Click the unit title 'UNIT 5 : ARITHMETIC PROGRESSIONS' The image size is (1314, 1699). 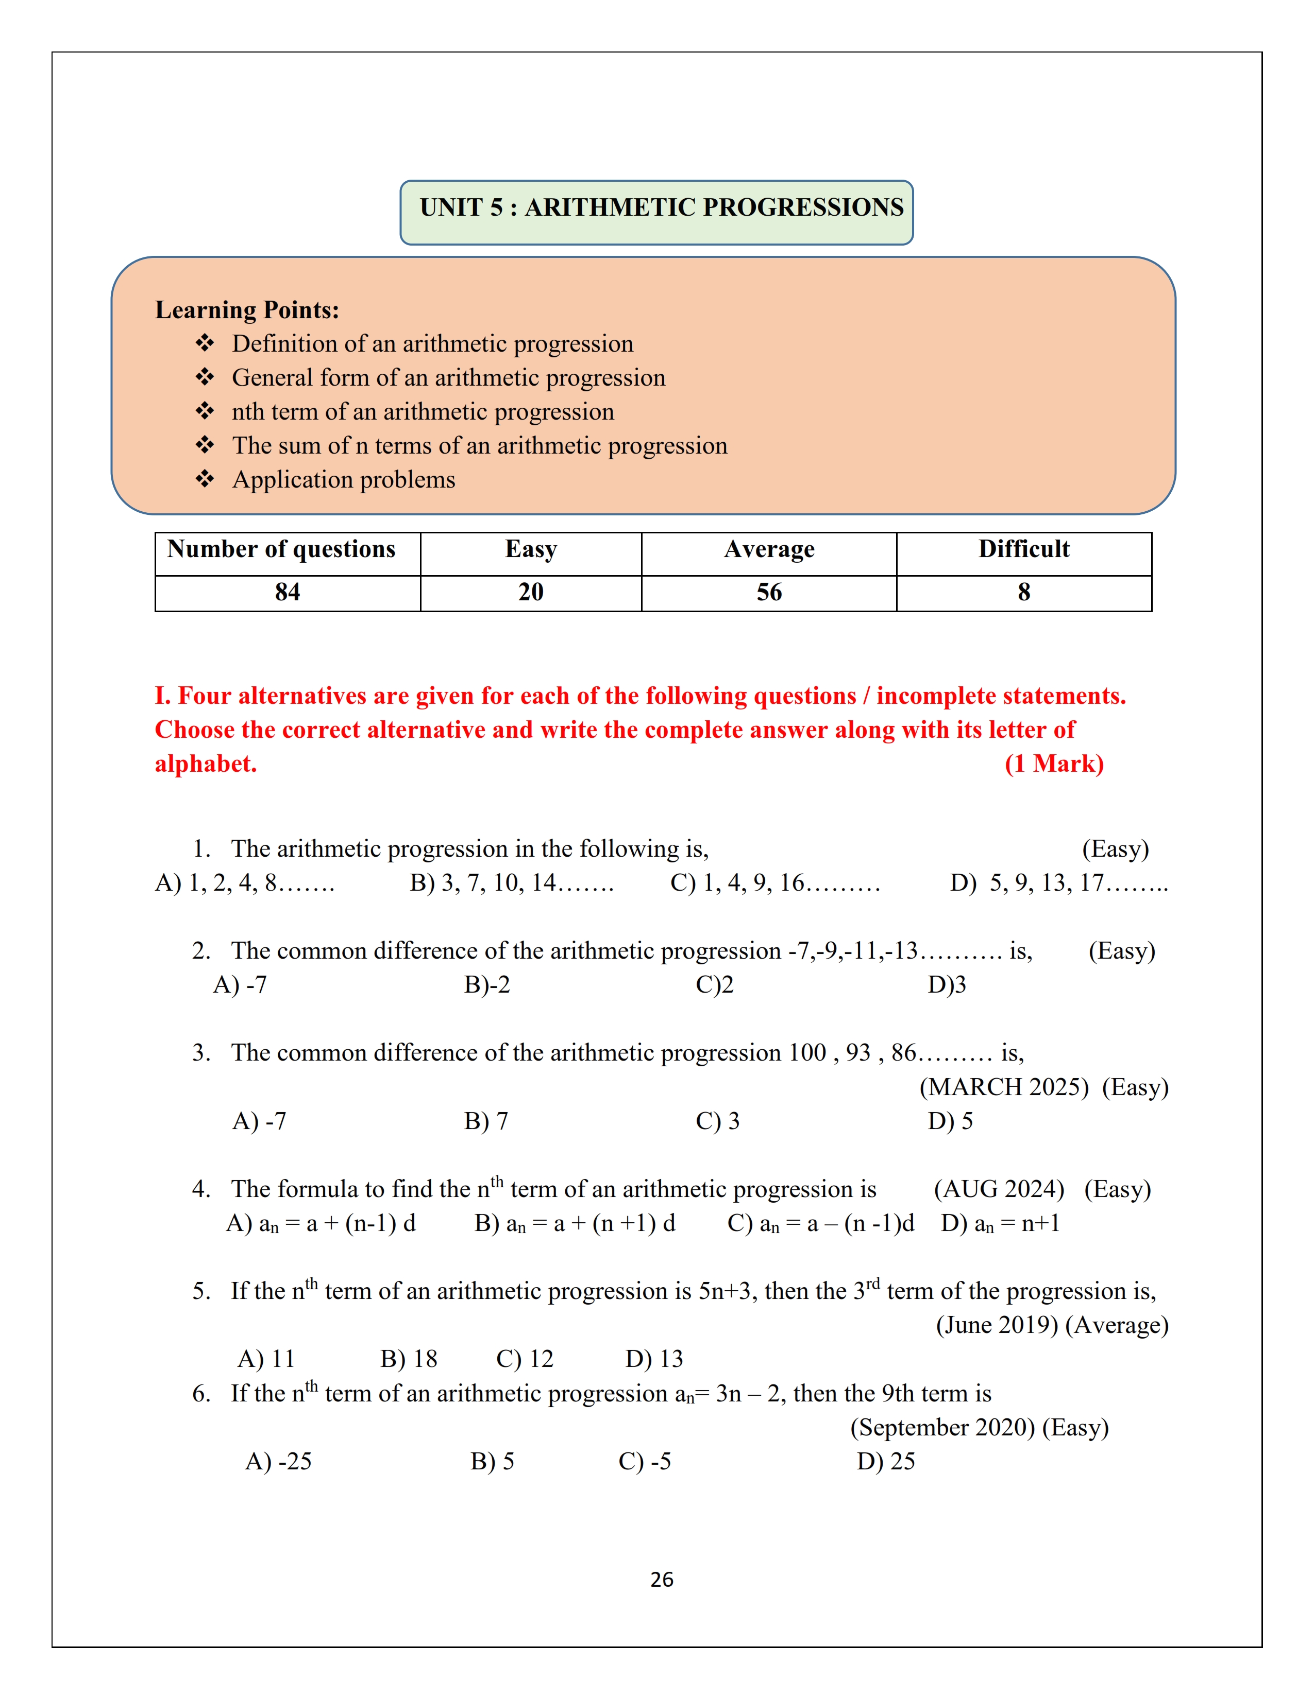[661, 207]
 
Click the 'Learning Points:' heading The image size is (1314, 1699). [247, 310]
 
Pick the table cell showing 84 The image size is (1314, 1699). [287, 593]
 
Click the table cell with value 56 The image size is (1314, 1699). [768, 593]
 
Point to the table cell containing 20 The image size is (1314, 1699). [531, 593]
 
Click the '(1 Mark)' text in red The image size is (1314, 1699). [1053, 764]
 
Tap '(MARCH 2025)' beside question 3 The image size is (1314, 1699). [1003, 1087]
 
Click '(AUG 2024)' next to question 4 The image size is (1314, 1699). [998, 1189]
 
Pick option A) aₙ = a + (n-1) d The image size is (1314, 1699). [321, 1224]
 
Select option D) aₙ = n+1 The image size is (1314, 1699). [1000, 1224]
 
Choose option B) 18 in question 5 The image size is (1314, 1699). [409, 1359]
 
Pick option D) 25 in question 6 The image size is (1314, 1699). [885, 1462]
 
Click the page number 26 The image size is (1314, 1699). [662, 1580]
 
